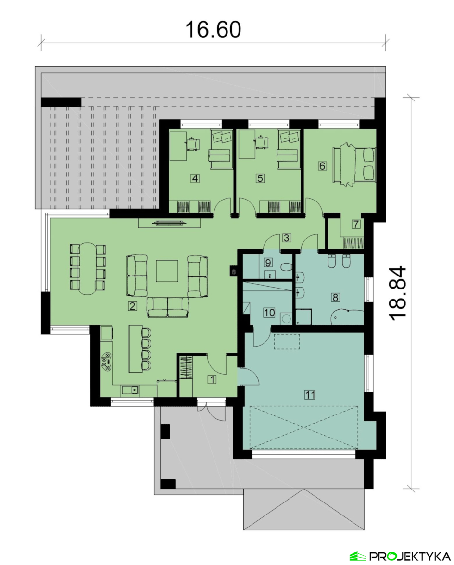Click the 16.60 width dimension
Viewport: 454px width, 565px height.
tap(213, 29)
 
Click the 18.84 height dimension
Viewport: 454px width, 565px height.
tap(398, 293)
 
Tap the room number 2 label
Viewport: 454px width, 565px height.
tap(132, 306)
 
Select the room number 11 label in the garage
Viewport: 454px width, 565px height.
tap(310, 395)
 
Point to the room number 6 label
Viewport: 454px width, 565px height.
tap(322, 166)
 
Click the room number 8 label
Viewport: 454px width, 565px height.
tap(336, 297)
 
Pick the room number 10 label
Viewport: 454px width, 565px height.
tap(269, 313)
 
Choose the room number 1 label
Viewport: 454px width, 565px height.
tap(212, 379)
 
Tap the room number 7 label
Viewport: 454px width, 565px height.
tap(356, 224)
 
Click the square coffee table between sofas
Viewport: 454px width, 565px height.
tap(167, 271)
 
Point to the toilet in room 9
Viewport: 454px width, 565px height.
tap(286, 267)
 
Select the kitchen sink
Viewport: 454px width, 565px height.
tap(130, 389)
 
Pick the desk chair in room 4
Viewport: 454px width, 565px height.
tap(193, 143)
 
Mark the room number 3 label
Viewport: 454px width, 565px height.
tap(287, 238)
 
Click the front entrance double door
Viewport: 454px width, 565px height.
tap(212, 410)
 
